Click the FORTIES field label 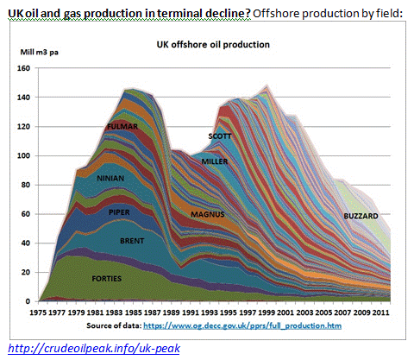tap(107, 279)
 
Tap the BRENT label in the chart tap(132, 241)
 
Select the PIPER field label tap(119, 212)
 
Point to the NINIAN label tap(110, 179)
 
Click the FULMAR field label tap(122, 126)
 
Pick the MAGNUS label tap(208, 214)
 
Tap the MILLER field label tap(215, 161)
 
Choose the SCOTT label tap(220, 136)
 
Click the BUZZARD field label tap(361, 216)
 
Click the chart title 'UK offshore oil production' tap(213, 45)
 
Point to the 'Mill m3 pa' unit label tap(40, 52)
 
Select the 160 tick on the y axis tap(23, 68)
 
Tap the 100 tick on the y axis tap(23, 155)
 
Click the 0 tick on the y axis tap(28, 301)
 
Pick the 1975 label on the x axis tap(38, 313)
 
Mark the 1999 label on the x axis tap(267, 313)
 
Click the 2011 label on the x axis tap(380, 313)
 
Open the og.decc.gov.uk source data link tap(242, 325)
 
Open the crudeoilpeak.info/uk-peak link tap(94, 348)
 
